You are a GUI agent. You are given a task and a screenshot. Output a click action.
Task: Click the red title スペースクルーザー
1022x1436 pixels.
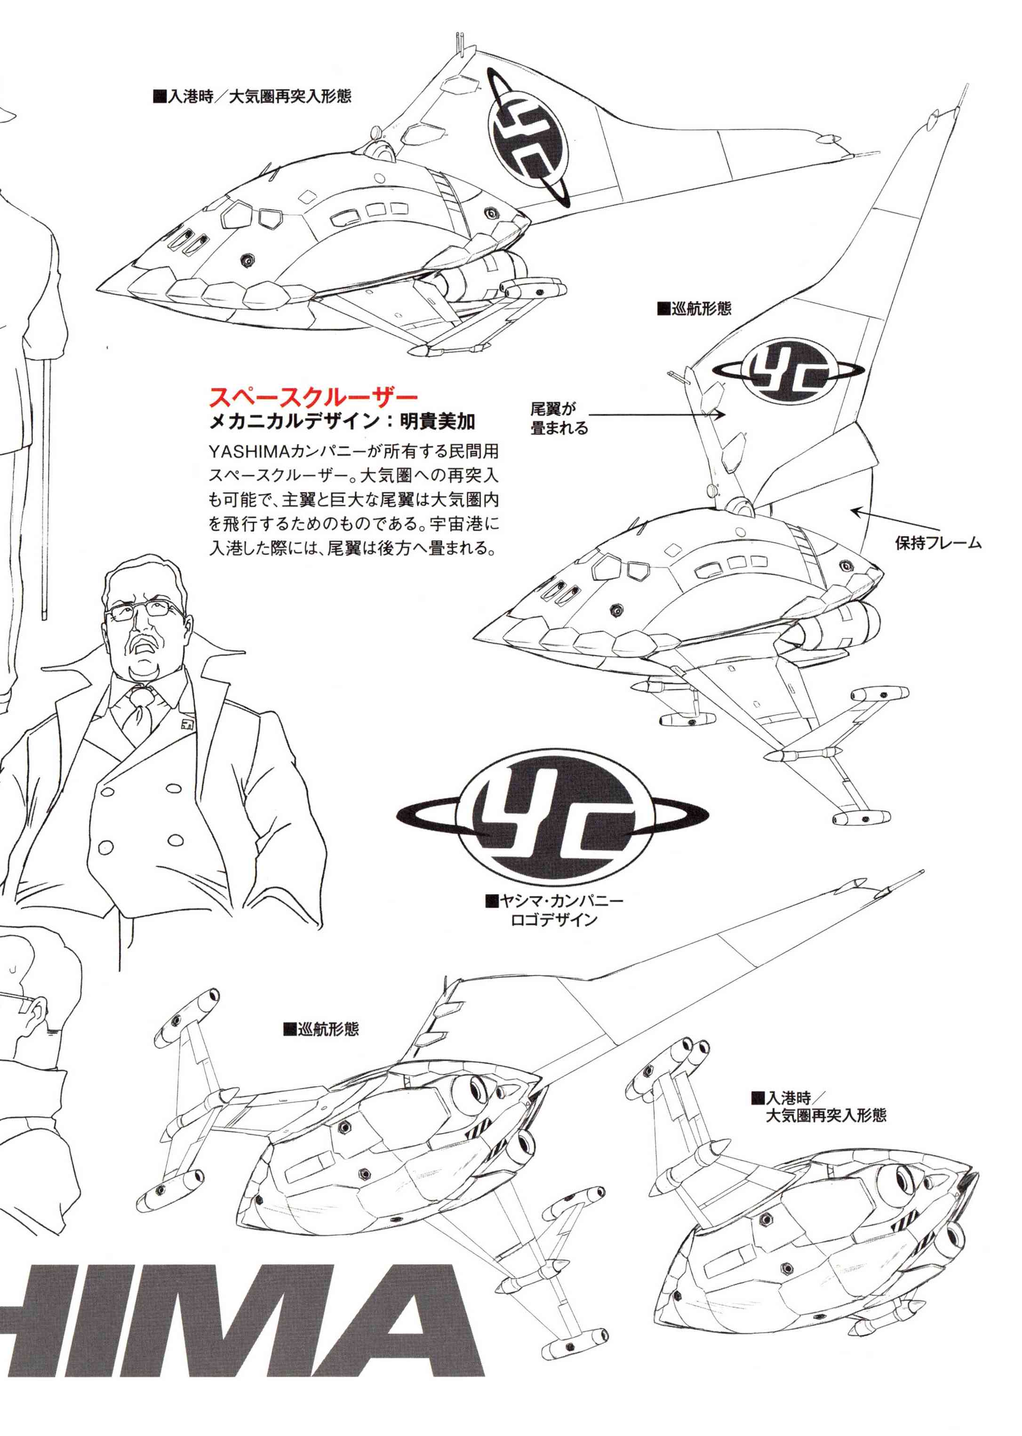[313, 397]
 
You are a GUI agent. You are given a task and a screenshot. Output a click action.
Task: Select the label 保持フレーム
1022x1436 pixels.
[938, 543]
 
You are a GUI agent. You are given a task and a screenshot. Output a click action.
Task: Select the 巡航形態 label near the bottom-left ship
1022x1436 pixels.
[321, 1029]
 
